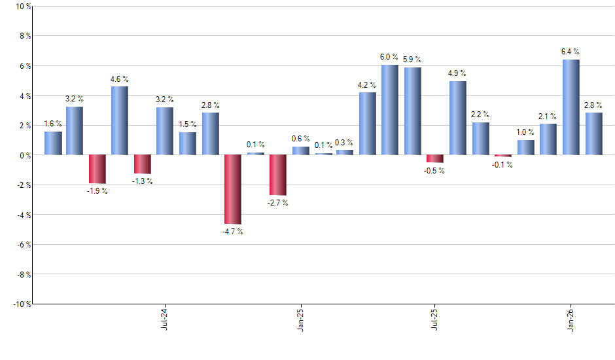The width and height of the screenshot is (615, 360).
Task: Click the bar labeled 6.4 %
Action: [571, 107]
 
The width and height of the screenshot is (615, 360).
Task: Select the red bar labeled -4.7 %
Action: [232, 189]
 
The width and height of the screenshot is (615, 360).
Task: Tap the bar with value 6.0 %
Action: [390, 110]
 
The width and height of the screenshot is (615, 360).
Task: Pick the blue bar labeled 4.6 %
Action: [120, 120]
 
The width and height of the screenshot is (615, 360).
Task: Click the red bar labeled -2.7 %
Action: [277, 175]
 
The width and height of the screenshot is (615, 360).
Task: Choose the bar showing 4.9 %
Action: [458, 118]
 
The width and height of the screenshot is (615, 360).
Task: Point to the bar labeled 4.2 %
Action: [368, 124]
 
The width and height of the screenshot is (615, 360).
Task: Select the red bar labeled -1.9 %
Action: [97, 169]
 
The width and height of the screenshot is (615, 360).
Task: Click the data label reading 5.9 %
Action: [412, 60]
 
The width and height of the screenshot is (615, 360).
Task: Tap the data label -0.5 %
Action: [435, 171]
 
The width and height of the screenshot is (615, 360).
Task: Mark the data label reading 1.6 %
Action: [53, 124]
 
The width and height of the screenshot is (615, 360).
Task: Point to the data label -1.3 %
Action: [143, 181]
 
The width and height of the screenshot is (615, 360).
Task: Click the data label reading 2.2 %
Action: [480, 115]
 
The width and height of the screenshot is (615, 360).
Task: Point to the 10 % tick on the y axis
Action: [22, 7]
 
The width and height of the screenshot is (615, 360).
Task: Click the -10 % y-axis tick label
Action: [21, 304]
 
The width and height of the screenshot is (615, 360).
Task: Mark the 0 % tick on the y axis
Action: [24, 155]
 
